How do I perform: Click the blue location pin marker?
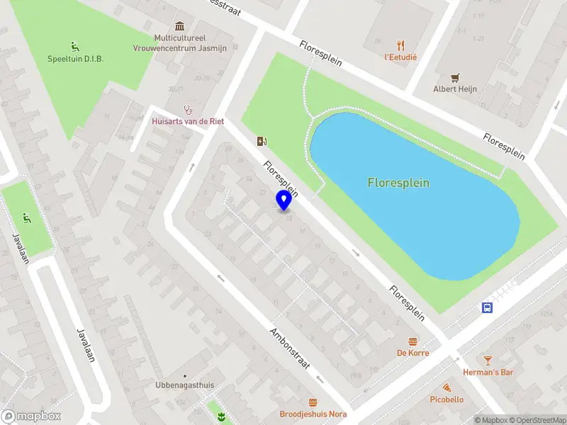(284, 200)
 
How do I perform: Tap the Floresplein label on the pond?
(398, 183)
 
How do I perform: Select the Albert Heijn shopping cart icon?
(455, 77)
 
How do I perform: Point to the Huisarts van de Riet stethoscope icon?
(188, 110)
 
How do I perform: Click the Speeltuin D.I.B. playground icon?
(75, 47)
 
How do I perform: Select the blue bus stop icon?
(488, 307)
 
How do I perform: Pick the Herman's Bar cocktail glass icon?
(488, 361)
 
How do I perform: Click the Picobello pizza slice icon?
(447, 387)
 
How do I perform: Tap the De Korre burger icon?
(412, 341)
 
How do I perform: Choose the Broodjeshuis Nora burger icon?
(313, 402)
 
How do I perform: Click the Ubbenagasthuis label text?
(184, 385)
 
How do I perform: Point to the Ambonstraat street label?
(291, 348)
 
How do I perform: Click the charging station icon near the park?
(262, 141)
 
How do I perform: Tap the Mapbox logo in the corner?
(31, 416)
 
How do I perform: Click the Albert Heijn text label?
(455, 89)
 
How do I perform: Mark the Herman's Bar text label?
(488, 373)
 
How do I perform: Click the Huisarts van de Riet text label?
(188, 122)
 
